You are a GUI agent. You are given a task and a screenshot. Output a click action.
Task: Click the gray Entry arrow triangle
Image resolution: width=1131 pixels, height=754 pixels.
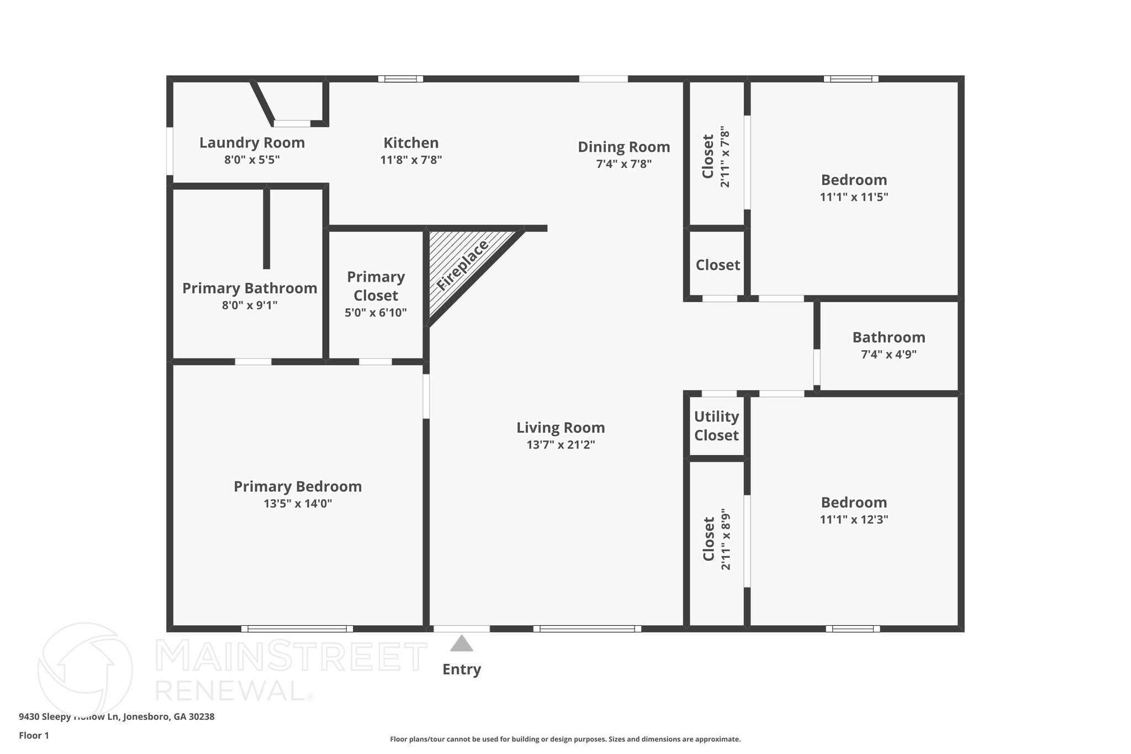click(x=461, y=644)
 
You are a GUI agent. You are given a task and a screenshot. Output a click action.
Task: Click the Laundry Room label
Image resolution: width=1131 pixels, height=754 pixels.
click(x=252, y=143)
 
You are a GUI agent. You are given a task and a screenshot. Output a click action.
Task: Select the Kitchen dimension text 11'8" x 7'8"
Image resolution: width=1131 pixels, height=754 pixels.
click(x=411, y=160)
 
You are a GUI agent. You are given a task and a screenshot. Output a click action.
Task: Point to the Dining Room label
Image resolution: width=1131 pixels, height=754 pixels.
click(x=623, y=147)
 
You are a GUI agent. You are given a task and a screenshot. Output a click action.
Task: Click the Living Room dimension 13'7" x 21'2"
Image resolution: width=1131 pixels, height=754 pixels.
click(x=561, y=445)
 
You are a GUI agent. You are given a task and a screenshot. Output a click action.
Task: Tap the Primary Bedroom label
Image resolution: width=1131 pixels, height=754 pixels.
click(x=298, y=487)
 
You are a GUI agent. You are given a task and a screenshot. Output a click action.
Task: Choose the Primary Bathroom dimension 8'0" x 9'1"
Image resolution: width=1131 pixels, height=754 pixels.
click(x=250, y=305)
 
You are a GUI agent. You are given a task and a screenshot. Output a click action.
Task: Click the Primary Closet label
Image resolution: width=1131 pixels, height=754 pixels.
click(x=376, y=286)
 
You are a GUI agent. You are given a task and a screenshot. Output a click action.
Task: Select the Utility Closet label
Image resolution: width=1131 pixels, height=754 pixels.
click(x=716, y=426)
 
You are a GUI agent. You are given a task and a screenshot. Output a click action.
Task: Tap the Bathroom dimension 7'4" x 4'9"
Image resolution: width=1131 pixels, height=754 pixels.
click(x=889, y=355)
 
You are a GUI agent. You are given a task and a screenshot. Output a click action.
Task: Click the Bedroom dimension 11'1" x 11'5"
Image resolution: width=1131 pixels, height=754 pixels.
click(x=854, y=197)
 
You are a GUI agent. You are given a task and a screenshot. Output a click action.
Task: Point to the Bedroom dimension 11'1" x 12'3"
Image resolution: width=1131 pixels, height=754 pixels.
click(x=854, y=520)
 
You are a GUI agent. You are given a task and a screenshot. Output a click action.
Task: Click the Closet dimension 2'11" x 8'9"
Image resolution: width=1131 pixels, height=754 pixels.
click(x=726, y=539)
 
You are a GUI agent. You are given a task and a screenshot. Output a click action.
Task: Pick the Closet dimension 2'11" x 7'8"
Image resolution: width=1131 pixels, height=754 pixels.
click(x=725, y=157)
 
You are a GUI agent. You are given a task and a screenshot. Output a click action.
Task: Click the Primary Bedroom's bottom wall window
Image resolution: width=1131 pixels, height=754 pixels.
click(x=297, y=629)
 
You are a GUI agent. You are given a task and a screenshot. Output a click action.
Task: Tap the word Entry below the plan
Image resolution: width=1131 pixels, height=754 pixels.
click(x=462, y=669)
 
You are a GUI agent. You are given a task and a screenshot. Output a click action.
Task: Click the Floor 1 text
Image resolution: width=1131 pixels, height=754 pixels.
click(x=34, y=735)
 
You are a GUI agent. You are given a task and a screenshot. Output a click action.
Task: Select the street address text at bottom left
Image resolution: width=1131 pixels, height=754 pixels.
click(x=117, y=717)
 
